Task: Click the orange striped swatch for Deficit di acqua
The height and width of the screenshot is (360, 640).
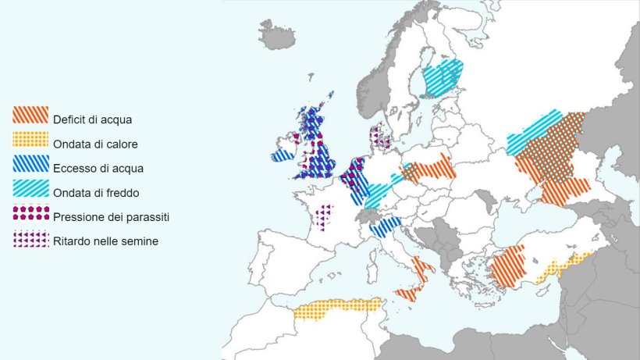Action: pos(30,115)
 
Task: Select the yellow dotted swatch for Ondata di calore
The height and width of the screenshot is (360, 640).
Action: pos(30,139)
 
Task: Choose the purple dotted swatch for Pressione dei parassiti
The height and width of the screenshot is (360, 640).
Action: pos(30,212)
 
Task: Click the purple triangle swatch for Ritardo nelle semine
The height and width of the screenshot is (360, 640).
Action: pos(30,238)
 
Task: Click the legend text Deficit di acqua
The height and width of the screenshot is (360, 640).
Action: pos(92,120)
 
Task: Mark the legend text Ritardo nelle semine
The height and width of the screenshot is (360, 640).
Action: pos(105,241)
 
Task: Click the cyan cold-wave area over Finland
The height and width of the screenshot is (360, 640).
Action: pos(441,78)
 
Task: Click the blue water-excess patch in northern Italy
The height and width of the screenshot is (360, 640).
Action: pos(385,227)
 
